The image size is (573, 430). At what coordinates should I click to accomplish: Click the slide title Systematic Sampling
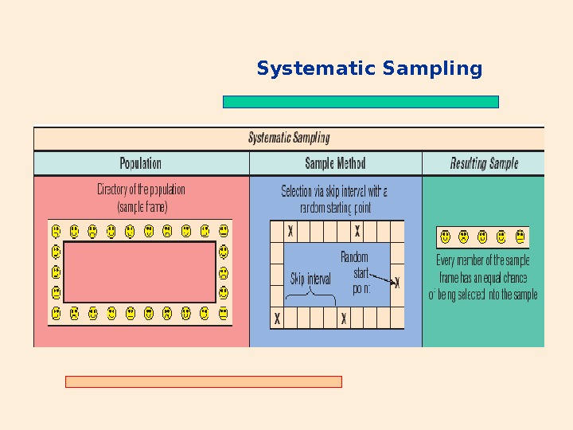click(x=369, y=69)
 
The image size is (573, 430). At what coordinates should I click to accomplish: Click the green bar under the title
click(x=361, y=102)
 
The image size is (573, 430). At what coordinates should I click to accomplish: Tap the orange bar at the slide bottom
click(x=203, y=381)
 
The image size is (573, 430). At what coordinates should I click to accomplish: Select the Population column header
click(x=141, y=163)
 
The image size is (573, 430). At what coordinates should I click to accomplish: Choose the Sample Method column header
click(x=335, y=163)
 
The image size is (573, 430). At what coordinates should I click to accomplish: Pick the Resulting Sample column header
click(x=484, y=163)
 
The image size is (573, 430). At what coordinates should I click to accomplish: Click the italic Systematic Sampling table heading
click(x=289, y=138)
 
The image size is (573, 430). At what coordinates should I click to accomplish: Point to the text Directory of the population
click(x=141, y=190)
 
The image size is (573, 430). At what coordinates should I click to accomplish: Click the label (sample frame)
click(x=142, y=206)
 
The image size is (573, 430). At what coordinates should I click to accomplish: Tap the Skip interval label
click(x=310, y=279)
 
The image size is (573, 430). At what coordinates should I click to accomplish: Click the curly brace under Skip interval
click(x=310, y=298)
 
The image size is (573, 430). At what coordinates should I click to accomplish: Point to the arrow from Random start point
click(x=384, y=279)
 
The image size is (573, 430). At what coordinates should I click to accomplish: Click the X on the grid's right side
click(x=397, y=283)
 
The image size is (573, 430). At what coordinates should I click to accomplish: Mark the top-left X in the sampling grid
click(x=290, y=230)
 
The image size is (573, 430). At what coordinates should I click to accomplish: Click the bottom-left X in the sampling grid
click(x=277, y=318)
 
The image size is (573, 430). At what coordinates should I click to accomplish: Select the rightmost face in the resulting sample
click(x=520, y=236)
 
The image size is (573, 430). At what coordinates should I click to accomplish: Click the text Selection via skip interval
click(x=334, y=191)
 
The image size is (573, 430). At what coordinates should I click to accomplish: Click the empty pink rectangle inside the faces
click(x=139, y=272)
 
